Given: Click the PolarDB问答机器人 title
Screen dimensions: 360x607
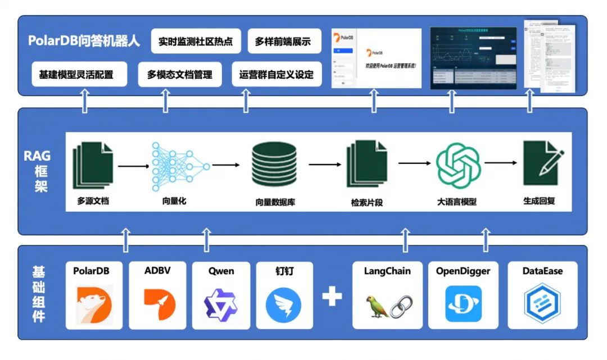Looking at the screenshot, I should (x=84, y=42).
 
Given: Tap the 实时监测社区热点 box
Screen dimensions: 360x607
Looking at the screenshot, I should (x=196, y=42).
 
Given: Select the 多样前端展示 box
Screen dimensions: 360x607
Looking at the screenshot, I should (x=283, y=42).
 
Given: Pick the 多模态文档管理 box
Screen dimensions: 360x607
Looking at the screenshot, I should (x=180, y=74).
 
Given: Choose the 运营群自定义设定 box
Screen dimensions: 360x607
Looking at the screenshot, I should (x=277, y=74).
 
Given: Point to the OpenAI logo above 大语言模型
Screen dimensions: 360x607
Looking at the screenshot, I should (x=458, y=164).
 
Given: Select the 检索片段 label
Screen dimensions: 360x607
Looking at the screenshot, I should (x=366, y=202).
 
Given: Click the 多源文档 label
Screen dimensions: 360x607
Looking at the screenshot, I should (x=93, y=200).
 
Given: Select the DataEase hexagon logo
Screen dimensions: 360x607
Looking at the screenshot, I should (x=542, y=304).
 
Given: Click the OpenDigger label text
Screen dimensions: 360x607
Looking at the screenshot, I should (x=463, y=271).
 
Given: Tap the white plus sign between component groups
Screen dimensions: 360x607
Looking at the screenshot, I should (x=332, y=297).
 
